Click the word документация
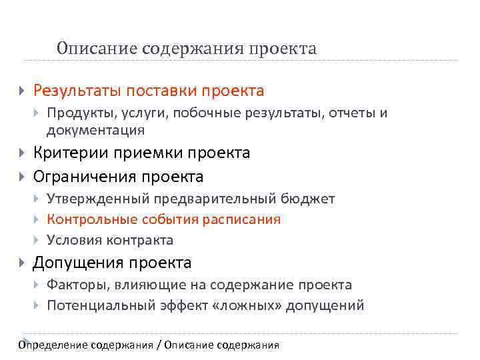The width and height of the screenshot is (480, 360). click(95, 130)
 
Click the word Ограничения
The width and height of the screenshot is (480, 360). click(85, 177)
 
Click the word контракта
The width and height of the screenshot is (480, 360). click(141, 240)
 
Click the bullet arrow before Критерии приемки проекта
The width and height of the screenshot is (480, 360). click(22, 153)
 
